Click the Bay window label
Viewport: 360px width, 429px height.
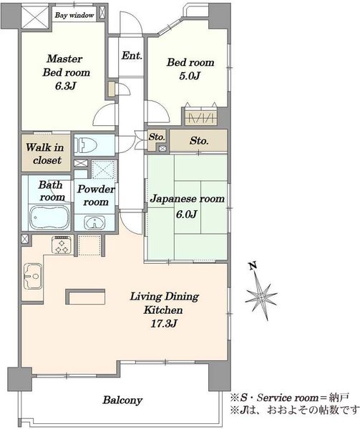pos(74,15)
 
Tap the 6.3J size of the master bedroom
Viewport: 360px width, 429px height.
pos(65,87)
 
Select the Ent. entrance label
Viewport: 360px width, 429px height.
pos(132,56)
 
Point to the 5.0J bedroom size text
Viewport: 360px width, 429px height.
pos(190,76)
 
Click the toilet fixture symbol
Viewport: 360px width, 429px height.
pos(85,144)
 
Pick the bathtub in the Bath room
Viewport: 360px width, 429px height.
pos(49,218)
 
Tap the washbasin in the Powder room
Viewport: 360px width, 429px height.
pos(94,222)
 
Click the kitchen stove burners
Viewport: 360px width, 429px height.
pos(62,245)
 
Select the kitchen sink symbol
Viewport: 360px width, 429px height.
pos(33,276)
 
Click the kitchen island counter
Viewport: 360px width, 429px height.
pos(85,297)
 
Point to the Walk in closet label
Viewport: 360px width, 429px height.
pos(45,154)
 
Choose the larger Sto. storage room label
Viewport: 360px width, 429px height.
pos(199,141)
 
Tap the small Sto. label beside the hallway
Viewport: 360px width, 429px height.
pos(157,137)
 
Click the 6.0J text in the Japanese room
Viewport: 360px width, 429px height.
pos(186,214)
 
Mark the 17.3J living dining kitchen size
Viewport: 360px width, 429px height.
pos(164,324)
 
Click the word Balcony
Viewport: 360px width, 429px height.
pos(122,400)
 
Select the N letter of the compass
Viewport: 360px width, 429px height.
pos(253,265)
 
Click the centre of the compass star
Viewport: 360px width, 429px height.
pos(261,297)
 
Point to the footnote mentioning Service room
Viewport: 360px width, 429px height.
pos(290,398)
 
